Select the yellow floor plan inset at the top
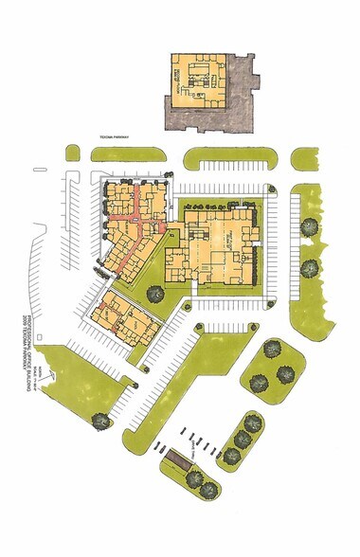point(197,84)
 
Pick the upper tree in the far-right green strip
point(310,226)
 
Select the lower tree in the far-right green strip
point(310,268)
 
